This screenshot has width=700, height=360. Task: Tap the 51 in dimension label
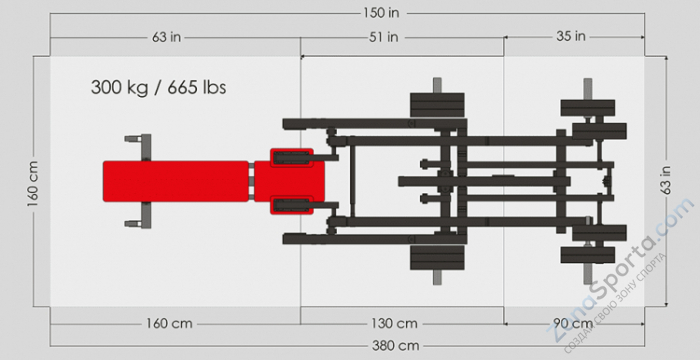[383, 37]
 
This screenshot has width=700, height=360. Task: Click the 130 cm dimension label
[394, 324]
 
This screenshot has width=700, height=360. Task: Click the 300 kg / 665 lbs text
[159, 87]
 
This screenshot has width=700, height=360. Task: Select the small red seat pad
[291, 181]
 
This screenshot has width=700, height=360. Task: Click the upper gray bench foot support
[138, 146]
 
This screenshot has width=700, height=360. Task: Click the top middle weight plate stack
[436, 105]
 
